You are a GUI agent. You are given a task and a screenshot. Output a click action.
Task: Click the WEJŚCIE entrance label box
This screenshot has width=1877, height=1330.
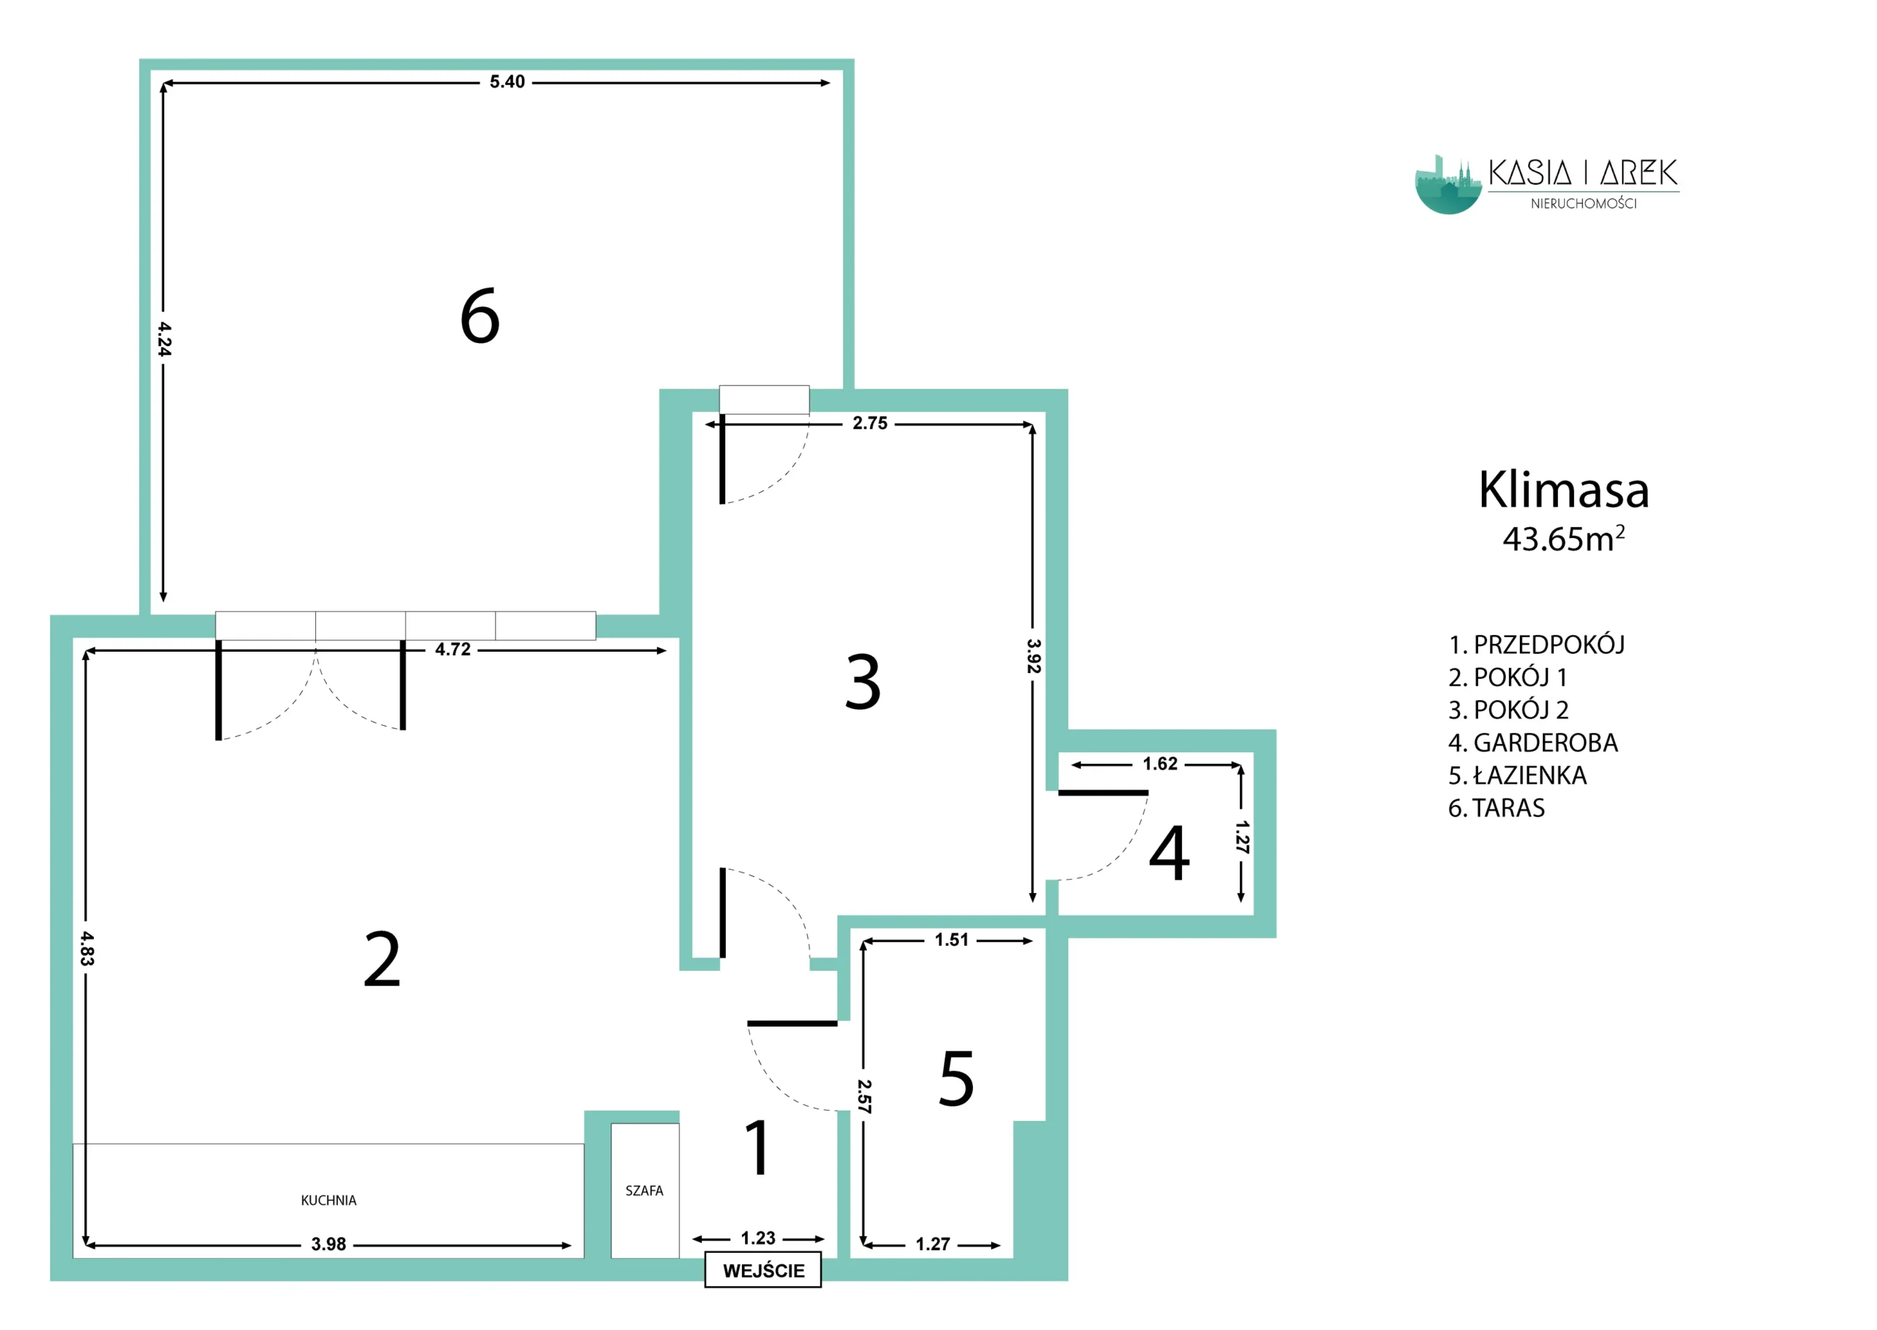click(x=763, y=1269)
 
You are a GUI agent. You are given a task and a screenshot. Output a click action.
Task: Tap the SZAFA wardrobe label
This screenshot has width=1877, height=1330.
click(x=644, y=1191)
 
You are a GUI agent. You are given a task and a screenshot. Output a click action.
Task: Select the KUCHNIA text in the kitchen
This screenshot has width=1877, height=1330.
click(x=328, y=1201)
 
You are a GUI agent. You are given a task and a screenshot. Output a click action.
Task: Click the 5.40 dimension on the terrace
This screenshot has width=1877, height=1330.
click(x=507, y=82)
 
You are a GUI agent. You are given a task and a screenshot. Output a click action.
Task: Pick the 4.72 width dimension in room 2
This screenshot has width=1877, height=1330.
click(x=453, y=650)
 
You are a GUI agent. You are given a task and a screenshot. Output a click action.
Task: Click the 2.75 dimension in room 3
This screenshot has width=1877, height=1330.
click(x=870, y=423)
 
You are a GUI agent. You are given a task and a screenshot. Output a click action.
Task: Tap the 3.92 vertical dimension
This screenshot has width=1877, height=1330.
click(x=1034, y=656)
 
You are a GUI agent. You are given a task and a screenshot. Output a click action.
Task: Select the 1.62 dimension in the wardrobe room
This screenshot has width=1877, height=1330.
click(x=1160, y=764)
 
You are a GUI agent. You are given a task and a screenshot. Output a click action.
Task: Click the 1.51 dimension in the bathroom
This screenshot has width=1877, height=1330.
click(x=952, y=940)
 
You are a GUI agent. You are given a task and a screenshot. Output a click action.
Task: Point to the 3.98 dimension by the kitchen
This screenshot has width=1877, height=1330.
click(x=328, y=1245)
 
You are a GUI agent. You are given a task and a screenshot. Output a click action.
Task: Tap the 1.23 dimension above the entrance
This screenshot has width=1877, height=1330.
click(x=757, y=1238)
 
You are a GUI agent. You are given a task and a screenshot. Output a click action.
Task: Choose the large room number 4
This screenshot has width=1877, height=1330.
click(x=1169, y=853)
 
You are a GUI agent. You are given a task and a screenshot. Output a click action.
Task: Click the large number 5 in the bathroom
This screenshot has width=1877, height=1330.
click(x=957, y=1078)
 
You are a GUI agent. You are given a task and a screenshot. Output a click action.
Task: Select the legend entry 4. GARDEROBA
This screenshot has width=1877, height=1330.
click(x=1532, y=743)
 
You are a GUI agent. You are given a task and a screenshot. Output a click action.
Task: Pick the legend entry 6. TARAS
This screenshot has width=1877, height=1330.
click(x=1496, y=808)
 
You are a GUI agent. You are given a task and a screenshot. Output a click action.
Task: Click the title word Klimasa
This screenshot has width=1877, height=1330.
click(x=1563, y=490)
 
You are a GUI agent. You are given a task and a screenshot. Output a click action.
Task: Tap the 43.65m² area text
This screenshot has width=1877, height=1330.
click(x=1563, y=538)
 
